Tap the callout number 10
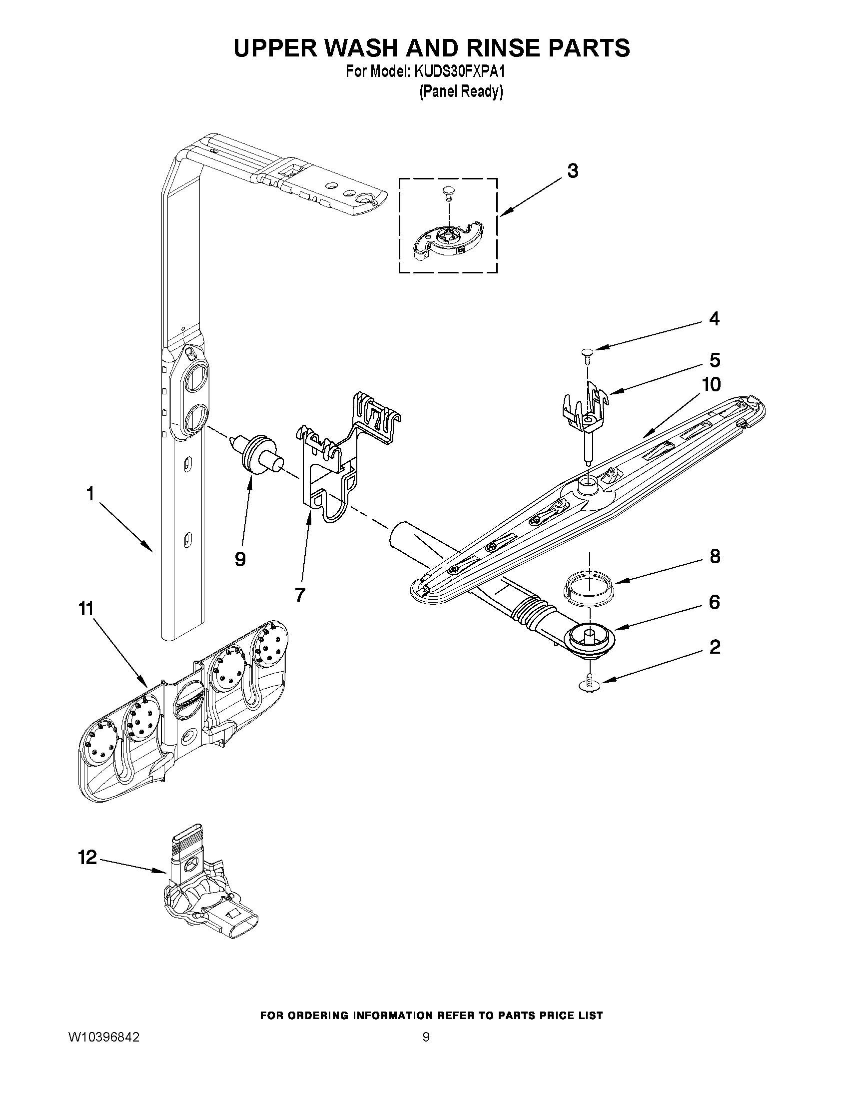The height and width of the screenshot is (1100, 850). pyautogui.click(x=711, y=384)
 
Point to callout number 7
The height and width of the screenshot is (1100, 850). pyautogui.click(x=300, y=595)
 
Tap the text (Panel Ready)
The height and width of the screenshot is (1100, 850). pyautogui.click(x=461, y=91)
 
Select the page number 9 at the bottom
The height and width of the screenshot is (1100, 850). pyautogui.click(x=426, y=1037)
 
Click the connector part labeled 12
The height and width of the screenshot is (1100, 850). pyautogui.click(x=206, y=902)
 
